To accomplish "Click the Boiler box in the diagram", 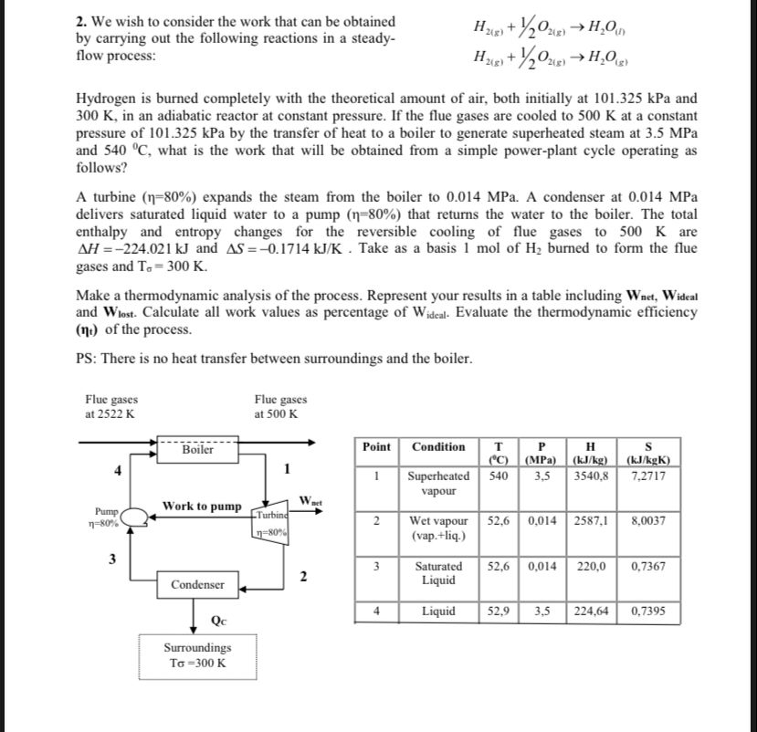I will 198,450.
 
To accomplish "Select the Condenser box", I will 199,582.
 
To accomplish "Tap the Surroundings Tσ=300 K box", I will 197,655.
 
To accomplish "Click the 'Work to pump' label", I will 202,506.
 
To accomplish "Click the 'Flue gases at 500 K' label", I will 280,407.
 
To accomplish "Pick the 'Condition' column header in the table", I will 438,446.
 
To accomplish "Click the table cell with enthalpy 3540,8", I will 590,476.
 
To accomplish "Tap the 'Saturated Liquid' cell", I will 438,573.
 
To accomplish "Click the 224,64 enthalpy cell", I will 590,612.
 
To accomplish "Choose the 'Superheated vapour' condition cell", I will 438,483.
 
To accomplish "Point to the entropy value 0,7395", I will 647,612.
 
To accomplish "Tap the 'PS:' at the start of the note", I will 89,358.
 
